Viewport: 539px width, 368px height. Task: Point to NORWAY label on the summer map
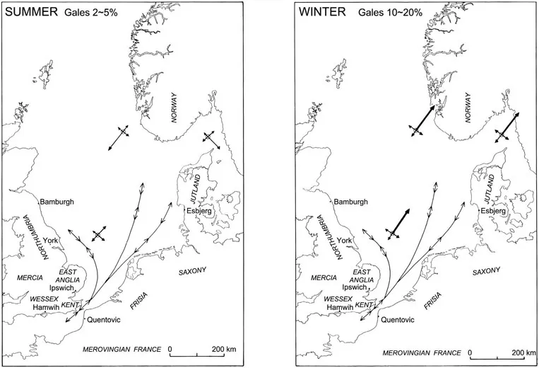point(174,110)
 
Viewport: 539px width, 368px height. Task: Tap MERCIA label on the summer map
point(20,277)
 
